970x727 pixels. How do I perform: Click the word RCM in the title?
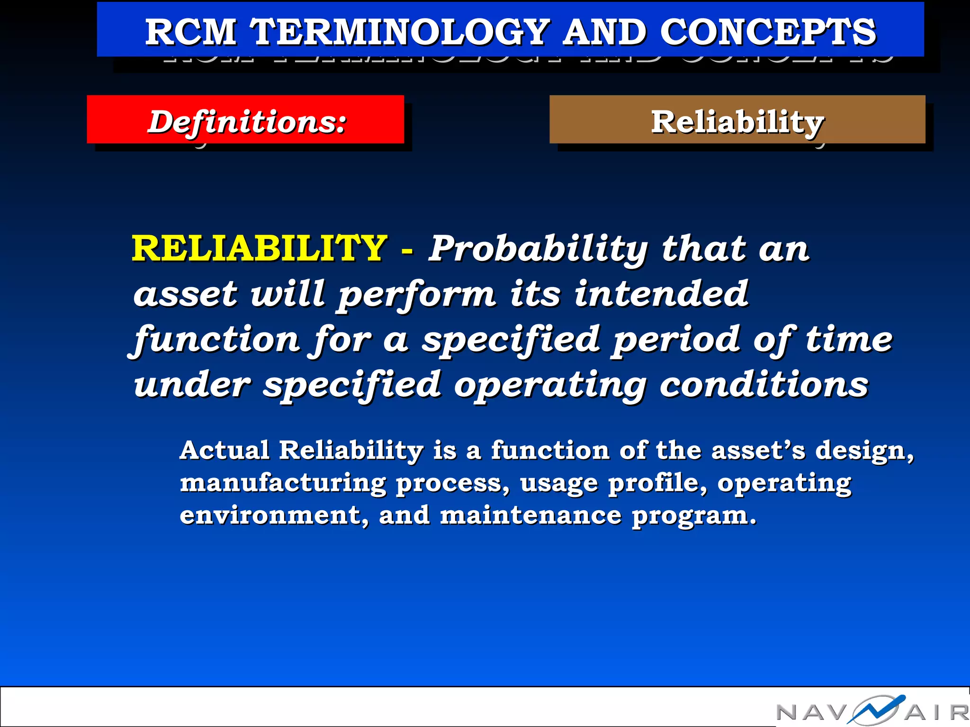[x=190, y=32]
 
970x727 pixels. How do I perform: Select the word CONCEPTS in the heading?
[x=768, y=32]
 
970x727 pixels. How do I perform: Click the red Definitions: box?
[x=245, y=120]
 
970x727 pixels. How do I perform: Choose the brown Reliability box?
[x=737, y=120]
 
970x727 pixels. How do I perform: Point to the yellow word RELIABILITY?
[x=259, y=248]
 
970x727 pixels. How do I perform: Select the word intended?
[x=661, y=293]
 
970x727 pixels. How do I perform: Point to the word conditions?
[x=764, y=385]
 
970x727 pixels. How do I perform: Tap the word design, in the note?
[x=864, y=451]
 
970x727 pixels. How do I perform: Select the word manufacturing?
[x=283, y=484]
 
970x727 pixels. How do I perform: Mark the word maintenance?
[x=531, y=515]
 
